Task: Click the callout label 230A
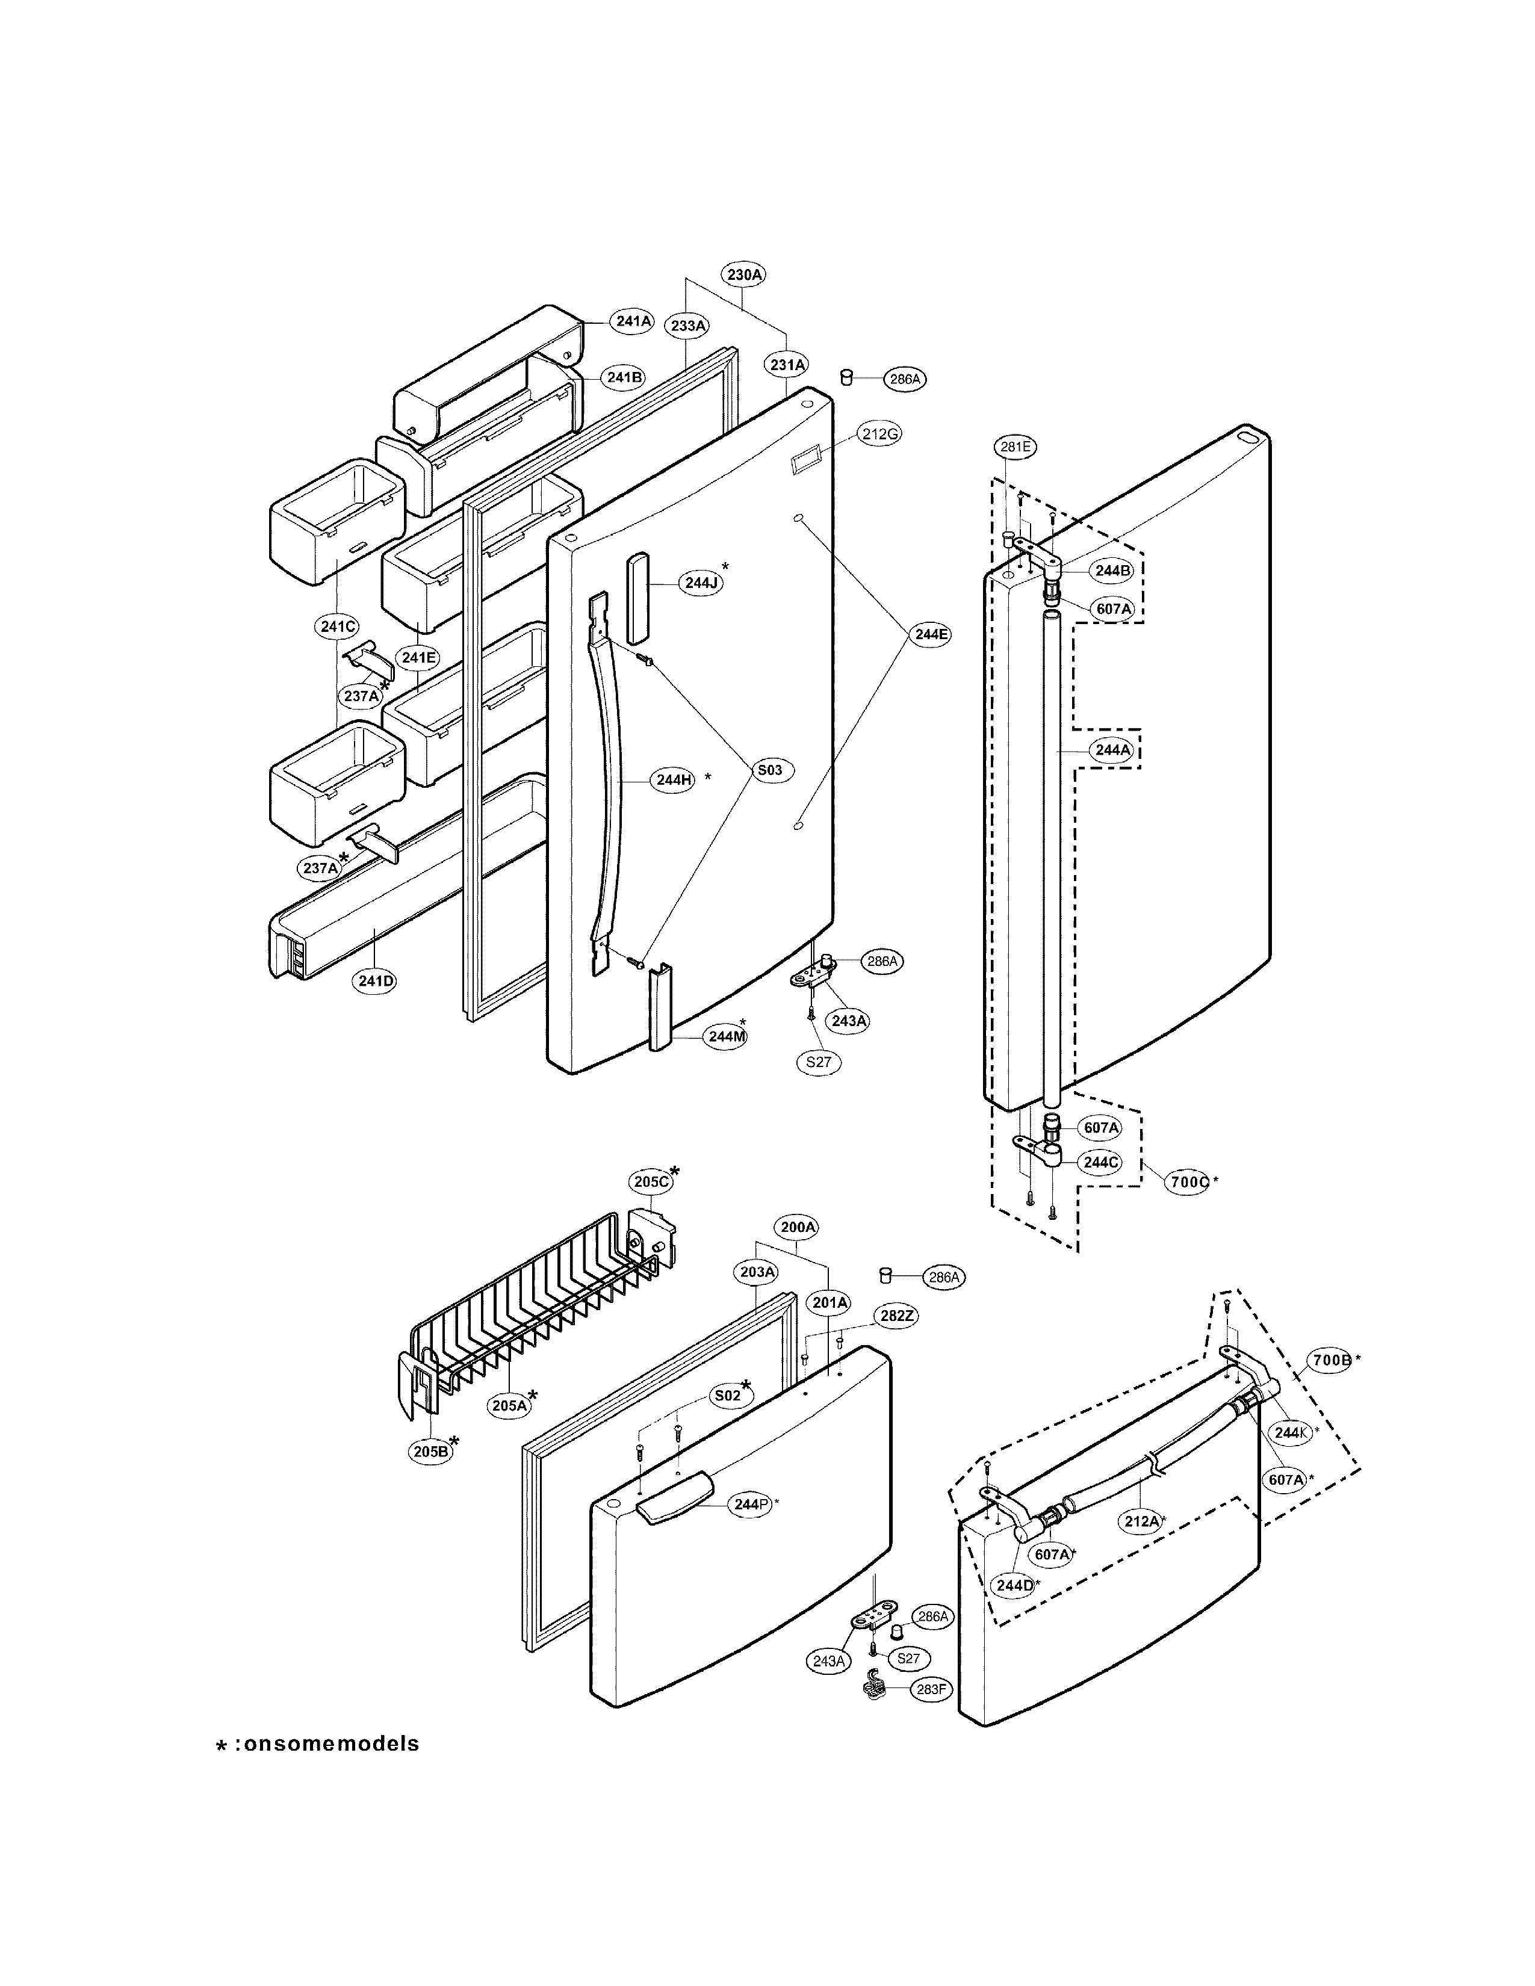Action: tap(744, 274)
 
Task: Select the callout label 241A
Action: tap(633, 321)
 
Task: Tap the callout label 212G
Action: tap(880, 434)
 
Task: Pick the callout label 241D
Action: tap(376, 980)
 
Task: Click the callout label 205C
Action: tap(651, 1181)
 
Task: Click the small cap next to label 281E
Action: tap(1008, 539)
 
